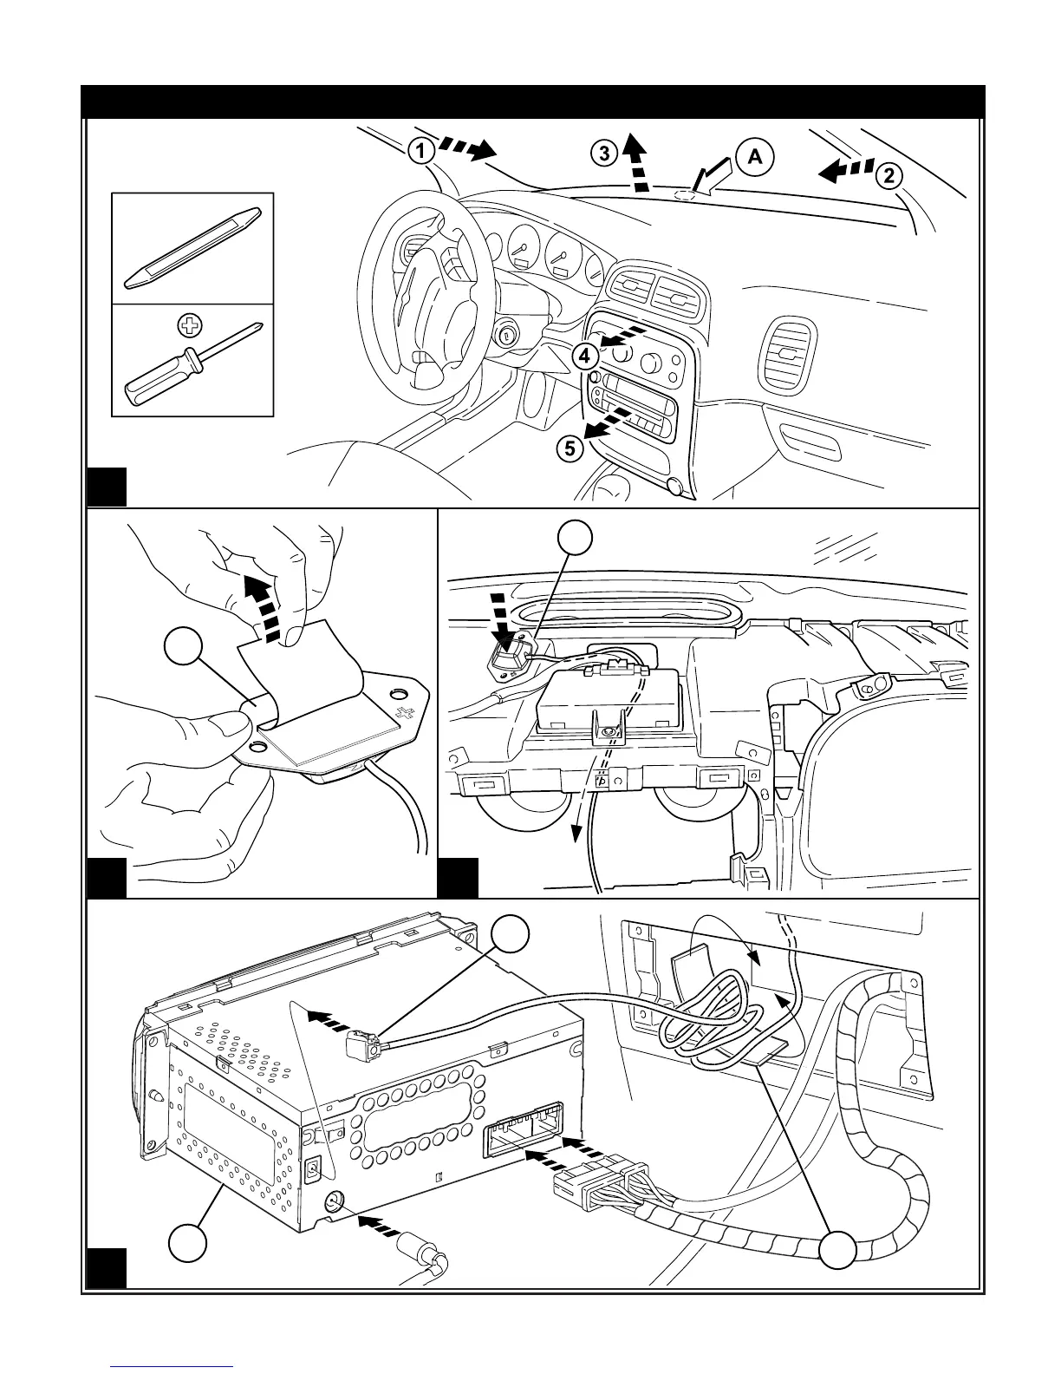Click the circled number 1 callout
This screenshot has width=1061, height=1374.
(420, 152)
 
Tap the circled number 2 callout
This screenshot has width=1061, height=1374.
(889, 176)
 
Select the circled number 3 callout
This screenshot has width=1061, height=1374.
(603, 154)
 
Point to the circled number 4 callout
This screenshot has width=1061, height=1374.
(585, 355)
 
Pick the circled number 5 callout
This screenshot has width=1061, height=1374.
(569, 448)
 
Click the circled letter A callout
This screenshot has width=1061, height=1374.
(754, 156)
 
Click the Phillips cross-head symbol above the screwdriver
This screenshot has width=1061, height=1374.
(186, 326)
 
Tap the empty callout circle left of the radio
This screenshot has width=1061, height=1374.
(188, 1243)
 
